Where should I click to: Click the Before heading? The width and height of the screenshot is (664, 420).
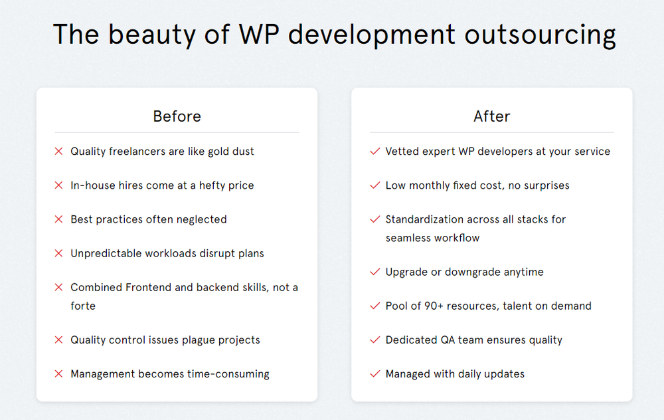pyautogui.click(x=177, y=116)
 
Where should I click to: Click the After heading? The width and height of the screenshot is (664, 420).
pyautogui.click(x=491, y=116)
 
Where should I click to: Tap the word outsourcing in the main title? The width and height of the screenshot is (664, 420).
pyautogui.click(x=540, y=35)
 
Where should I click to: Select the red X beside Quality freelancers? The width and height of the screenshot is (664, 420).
pyautogui.click(x=58, y=152)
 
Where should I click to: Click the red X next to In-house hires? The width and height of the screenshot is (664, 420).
pyautogui.click(x=58, y=185)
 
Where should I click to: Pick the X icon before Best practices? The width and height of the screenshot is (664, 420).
pyautogui.click(x=58, y=219)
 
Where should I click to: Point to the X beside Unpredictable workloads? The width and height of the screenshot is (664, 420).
pyautogui.click(x=58, y=253)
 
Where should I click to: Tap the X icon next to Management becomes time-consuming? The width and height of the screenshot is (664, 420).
pyautogui.click(x=58, y=374)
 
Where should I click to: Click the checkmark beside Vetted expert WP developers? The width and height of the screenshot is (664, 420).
pyautogui.click(x=374, y=152)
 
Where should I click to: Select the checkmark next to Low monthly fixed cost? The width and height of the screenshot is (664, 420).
pyautogui.click(x=374, y=185)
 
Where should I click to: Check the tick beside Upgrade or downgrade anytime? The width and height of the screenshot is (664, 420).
pyautogui.click(x=374, y=272)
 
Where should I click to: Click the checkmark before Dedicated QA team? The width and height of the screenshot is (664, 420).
pyautogui.click(x=374, y=340)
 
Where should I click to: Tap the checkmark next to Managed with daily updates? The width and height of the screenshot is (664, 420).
pyautogui.click(x=374, y=374)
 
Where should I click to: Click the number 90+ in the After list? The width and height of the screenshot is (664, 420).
pyautogui.click(x=439, y=306)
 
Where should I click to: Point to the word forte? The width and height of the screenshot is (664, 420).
pyautogui.click(x=83, y=306)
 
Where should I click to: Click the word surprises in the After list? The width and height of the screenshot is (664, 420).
pyautogui.click(x=546, y=185)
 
